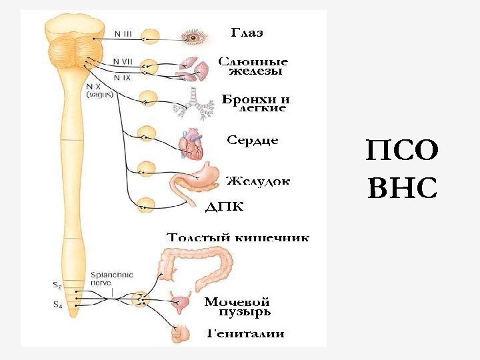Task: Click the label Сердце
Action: (253, 141)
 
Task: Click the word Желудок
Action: (258, 181)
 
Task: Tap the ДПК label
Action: (225, 207)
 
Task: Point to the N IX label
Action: (121, 77)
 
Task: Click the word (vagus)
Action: (100, 95)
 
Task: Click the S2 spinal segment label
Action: (57, 286)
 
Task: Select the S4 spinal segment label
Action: (57, 305)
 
